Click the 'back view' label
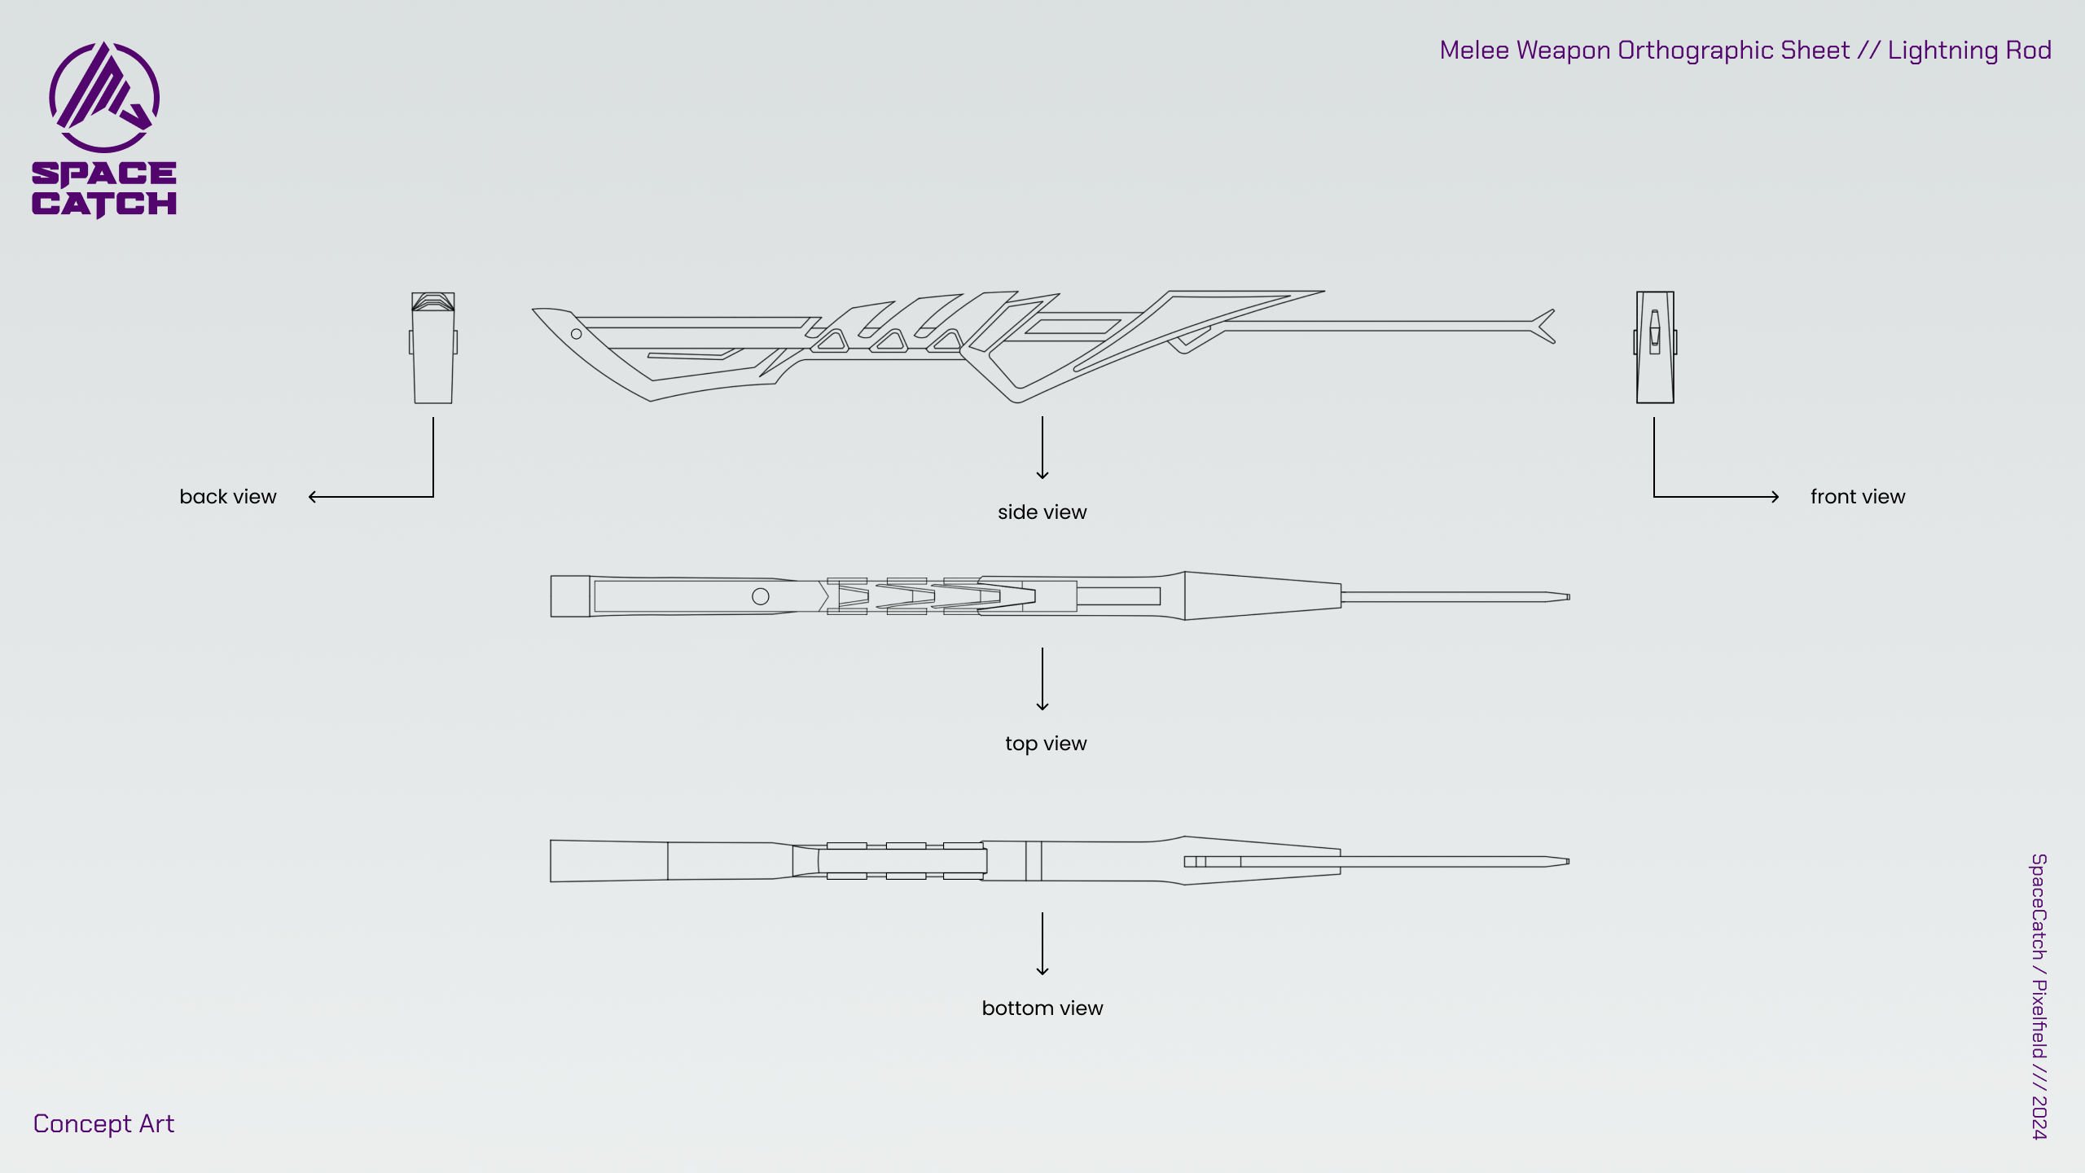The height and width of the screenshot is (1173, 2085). [228, 497]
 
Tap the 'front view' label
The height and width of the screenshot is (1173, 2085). [1858, 497]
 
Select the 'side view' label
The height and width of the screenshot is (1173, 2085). [1042, 512]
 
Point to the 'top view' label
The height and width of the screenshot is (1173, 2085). [1046, 744]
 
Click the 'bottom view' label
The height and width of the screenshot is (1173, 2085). [1042, 1008]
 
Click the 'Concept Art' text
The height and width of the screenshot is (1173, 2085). [103, 1124]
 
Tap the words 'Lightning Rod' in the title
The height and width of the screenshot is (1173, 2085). [1969, 51]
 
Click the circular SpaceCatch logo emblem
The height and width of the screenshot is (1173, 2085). [104, 97]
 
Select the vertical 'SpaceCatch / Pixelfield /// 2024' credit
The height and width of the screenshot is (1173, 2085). [2039, 996]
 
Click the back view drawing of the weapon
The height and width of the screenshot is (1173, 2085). [433, 348]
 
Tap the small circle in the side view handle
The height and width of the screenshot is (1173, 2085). [576, 334]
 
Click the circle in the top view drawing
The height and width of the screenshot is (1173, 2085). [761, 596]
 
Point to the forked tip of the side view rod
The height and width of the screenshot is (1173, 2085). [1545, 326]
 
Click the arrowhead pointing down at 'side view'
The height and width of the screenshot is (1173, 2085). [1042, 476]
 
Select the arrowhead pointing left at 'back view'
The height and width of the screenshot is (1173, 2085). [313, 497]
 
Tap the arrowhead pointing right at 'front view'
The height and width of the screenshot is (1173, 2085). [1775, 497]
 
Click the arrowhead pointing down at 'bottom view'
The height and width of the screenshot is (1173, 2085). [1042, 971]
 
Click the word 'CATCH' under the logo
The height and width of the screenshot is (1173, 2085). [104, 204]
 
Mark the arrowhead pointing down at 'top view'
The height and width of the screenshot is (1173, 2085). [1042, 706]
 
